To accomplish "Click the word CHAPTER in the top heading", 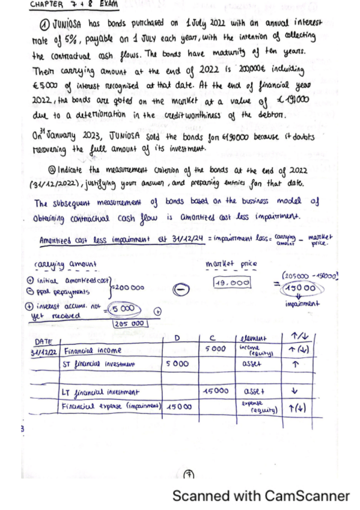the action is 46,4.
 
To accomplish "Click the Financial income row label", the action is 91,349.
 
